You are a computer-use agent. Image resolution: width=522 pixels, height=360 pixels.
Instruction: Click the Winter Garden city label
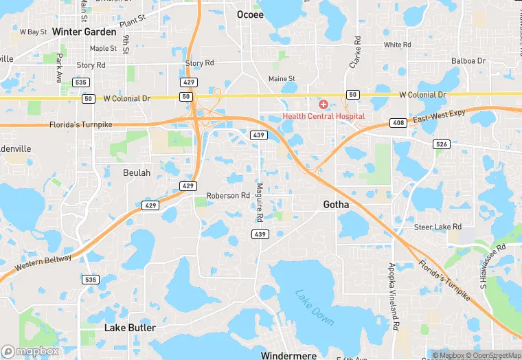coord(84,32)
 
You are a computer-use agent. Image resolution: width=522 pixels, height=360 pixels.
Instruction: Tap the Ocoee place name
coord(250,14)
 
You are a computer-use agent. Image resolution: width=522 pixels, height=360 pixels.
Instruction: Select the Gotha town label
coord(336,205)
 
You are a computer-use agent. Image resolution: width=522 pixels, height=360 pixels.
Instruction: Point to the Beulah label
coord(136,172)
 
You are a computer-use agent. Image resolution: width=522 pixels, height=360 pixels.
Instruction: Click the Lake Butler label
coord(130,328)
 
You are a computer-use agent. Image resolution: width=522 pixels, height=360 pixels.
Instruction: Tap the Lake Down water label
coord(315,308)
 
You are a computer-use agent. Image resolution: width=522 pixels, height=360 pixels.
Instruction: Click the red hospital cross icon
coord(323,104)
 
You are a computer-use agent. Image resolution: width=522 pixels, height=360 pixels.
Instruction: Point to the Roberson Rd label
coord(228,195)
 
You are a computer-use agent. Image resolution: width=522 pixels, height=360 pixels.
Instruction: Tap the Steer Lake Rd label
coord(438,227)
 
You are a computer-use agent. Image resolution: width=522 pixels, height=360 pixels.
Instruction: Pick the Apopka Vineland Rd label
coord(394,295)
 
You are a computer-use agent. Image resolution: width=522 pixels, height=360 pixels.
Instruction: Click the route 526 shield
coord(441,144)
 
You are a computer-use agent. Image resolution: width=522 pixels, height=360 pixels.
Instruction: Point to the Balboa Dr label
coord(468,61)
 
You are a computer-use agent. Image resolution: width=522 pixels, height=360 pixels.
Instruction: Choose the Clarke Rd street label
coord(354,52)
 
